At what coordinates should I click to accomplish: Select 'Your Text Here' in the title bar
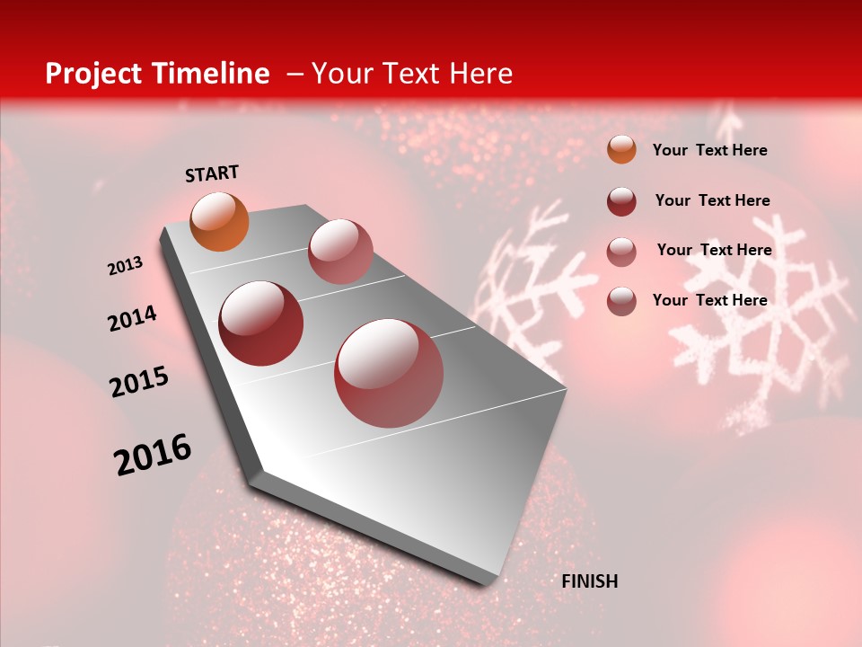point(412,74)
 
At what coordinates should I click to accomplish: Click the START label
point(212,173)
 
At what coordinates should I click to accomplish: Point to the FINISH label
point(589,581)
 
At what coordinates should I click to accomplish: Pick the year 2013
point(126,266)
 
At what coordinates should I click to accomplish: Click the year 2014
point(132,319)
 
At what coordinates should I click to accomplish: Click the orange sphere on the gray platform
point(220,221)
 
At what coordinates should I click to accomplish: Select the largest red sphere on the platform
point(389,373)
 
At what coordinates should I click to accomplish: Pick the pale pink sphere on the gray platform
point(340,251)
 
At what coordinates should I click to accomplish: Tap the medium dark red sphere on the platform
point(261,323)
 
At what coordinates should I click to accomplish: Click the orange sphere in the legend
point(621,149)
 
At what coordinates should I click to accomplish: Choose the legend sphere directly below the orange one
point(621,200)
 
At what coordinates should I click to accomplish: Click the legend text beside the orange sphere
point(709,150)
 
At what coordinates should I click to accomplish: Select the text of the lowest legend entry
point(709,300)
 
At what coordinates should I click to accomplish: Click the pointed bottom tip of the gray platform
point(485,582)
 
